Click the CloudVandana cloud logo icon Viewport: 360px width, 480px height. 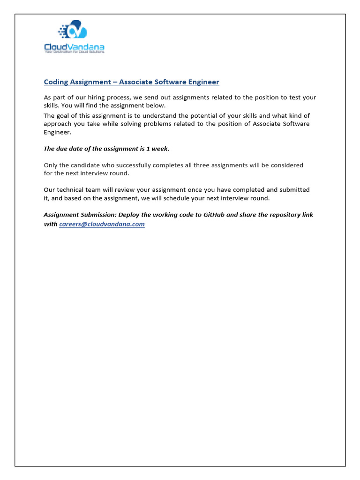pyautogui.click(x=74, y=31)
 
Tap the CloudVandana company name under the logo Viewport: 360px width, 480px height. pyautogui.click(x=74, y=47)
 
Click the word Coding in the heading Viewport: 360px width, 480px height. pyautogui.click(x=56, y=82)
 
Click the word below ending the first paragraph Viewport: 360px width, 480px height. pyautogui.click(x=156, y=105)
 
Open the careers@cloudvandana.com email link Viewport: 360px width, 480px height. pyautogui.click(x=102, y=225)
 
